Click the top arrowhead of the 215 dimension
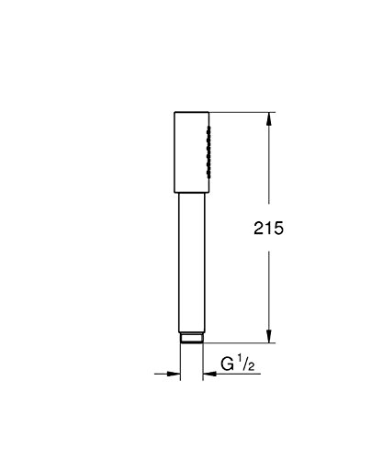pos(268,118)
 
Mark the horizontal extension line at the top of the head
pos(241,112)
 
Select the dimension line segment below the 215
pos(268,294)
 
